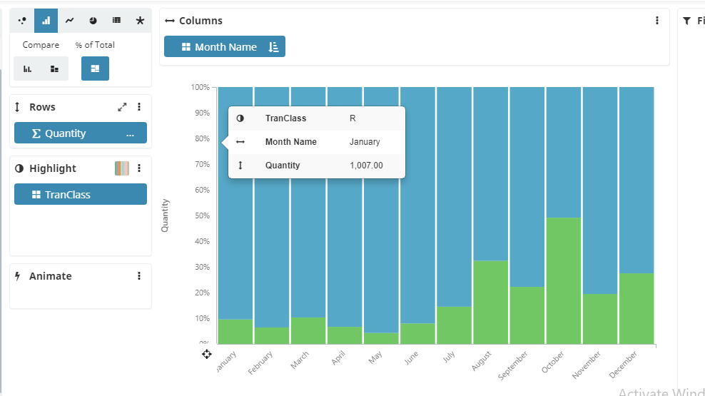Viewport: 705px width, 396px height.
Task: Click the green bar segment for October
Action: coord(564,280)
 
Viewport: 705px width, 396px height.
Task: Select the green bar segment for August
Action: coord(491,302)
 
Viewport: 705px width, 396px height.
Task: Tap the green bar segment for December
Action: coord(636,308)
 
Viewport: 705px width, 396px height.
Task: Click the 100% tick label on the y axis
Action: coord(200,87)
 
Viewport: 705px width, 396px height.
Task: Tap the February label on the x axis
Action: coord(261,362)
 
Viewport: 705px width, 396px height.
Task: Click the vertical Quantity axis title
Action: coord(165,215)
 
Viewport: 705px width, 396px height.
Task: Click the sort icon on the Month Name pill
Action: coord(273,47)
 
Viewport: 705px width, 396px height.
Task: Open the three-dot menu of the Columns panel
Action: coord(657,21)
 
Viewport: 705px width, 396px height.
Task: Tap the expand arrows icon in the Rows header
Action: coord(122,107)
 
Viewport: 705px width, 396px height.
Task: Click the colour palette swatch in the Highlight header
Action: coord(122,168)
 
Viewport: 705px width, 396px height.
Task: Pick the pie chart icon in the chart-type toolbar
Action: coord(93,21)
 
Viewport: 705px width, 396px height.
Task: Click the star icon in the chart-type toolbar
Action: coord(140,21)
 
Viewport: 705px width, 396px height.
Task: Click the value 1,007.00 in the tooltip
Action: coord(366,166)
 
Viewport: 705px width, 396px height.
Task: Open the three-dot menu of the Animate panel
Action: coord(139,276)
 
